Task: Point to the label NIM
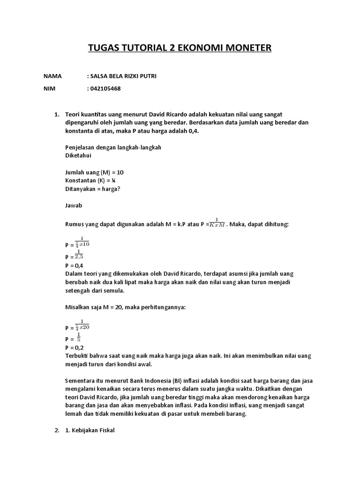pos(49,88)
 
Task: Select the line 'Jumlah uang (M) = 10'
pos(94,172)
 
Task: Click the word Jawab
pos(74,205)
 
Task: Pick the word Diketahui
pos(79,155)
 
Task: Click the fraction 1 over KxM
pos(217,223)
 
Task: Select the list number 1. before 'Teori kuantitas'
pos(57,114)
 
